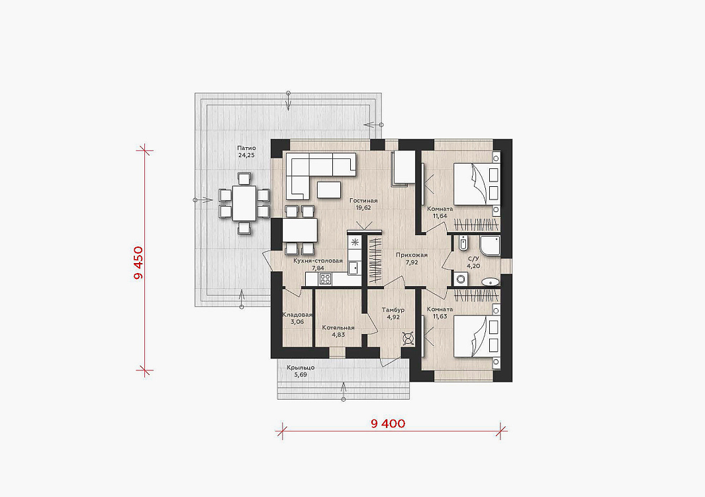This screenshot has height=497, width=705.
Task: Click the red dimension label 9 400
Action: pos(388,423)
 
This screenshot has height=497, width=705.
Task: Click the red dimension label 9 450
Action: pos(138,262)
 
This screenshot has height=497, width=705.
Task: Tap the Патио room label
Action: pos(246,148)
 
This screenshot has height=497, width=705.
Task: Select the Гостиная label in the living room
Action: pos(363,201)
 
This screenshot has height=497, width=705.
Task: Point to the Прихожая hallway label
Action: pos(411,255)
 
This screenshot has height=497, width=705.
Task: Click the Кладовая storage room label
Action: pos(297,315)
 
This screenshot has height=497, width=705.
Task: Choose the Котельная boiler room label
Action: pos(338,328)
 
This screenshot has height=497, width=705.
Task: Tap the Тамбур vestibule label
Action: pos(393,309)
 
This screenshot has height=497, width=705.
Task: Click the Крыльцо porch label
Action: pos(301,367)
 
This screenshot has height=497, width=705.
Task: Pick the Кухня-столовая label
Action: pos(318,260)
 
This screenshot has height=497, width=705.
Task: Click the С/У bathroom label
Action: pos(473,259)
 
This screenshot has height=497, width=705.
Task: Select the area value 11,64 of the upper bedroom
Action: pos(440,216)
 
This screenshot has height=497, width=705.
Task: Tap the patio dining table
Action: pos(244,203)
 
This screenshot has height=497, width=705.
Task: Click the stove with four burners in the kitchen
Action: pos(324,279)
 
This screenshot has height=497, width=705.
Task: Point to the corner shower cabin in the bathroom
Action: pos(490,247)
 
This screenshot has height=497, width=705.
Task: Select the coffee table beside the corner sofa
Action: pos(329,190)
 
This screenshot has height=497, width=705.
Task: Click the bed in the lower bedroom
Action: pos(476,336)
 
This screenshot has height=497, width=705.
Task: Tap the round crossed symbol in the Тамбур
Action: pos(408,339)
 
